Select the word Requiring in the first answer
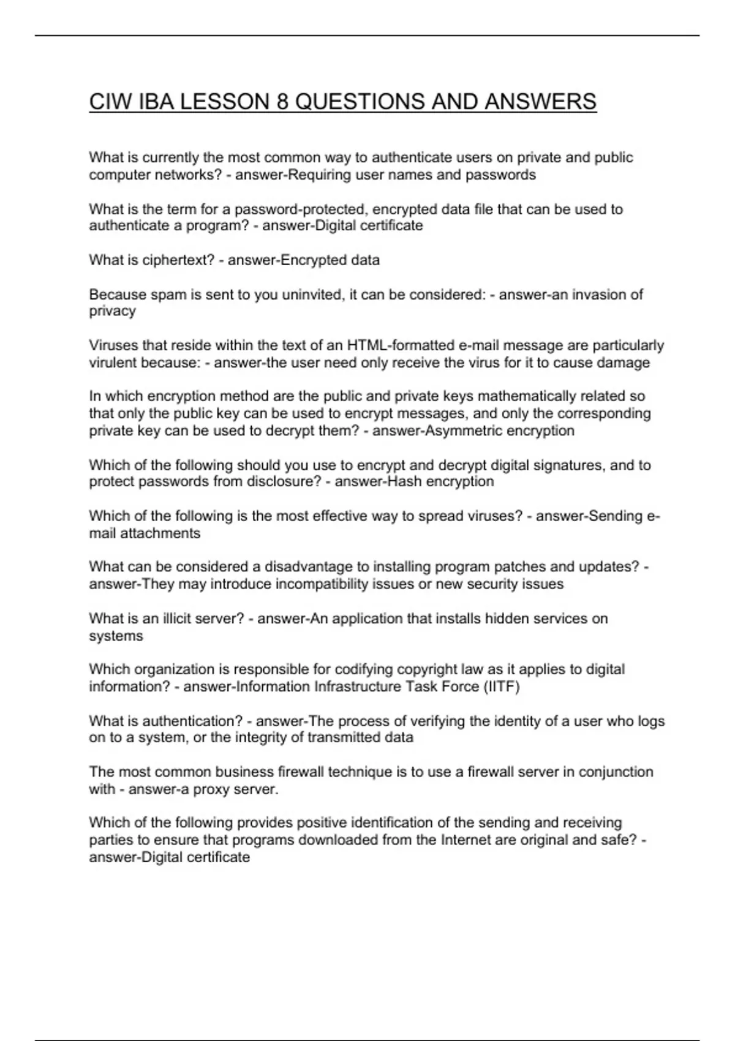point(318,175)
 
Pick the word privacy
point(112,311)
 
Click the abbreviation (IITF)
point(501,686)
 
